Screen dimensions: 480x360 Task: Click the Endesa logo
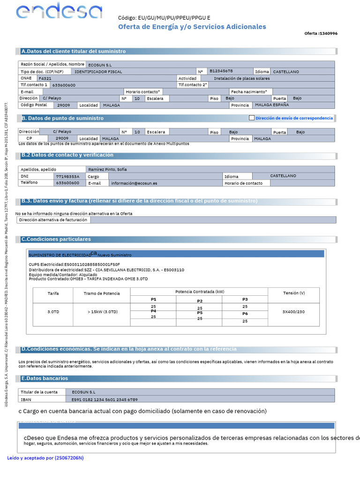[59, 12]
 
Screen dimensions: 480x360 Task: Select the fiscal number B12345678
[221, 71]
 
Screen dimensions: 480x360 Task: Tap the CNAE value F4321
[45, 78]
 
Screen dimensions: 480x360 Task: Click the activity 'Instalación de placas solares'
[241, 78]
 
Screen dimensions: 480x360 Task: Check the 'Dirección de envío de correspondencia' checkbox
[252, 118]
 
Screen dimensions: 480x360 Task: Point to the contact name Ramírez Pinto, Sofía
[108, 169]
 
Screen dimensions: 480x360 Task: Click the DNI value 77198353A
[64, 176]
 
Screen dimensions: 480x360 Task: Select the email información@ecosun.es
[134, 183]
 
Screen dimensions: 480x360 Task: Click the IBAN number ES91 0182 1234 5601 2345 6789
[105, 399]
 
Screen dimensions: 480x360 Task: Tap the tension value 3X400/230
[293, 312]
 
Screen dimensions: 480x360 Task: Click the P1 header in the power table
[153, 299]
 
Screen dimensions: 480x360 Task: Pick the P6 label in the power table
[245, 314]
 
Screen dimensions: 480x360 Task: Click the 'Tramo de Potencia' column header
[102, 293]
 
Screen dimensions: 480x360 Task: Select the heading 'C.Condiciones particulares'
[56, 239]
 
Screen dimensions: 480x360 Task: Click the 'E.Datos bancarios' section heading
[45, 378]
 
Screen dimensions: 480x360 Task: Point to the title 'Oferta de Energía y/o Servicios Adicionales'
[192, 27]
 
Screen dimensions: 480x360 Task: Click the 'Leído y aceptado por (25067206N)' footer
[45, 457]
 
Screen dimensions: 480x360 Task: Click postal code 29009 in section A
[63, 105]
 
